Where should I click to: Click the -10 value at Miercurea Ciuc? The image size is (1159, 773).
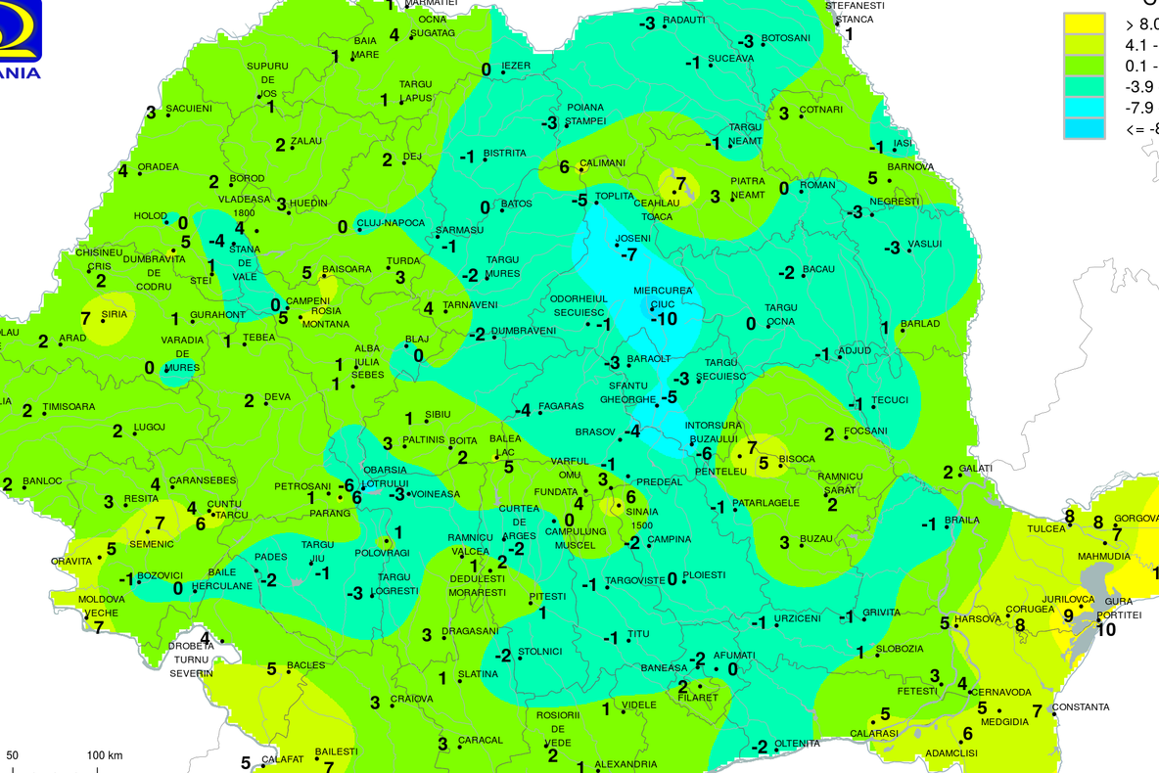click(x=665, y=319)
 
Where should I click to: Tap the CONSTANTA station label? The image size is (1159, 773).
click(x=1082, y=706)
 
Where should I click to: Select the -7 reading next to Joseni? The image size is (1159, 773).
click(x=629, y=254)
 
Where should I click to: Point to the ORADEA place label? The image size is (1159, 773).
click(x=158, y=167)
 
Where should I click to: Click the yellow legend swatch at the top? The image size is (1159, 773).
click(x=1085, y=23)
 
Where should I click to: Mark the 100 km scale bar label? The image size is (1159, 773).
click(x=104, y=755)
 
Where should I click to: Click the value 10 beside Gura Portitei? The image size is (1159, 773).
click(x=1105, y=629)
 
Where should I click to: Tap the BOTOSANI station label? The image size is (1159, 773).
click(x=786, y=38)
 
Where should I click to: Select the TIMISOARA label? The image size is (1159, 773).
click(x=69, y=406)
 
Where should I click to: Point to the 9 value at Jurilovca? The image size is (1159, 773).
click(x=1068, y=615)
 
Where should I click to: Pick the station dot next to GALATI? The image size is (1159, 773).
click(x=963, y=469)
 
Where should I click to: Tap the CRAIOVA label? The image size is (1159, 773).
click(x=411, y=699)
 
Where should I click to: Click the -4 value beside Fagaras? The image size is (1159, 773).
click(x=525, y=410)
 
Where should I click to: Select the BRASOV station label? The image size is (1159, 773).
click(x=594, y=432)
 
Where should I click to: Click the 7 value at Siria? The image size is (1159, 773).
click(x=85, y=318)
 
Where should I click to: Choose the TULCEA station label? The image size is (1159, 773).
click(x=1045, y=528)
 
